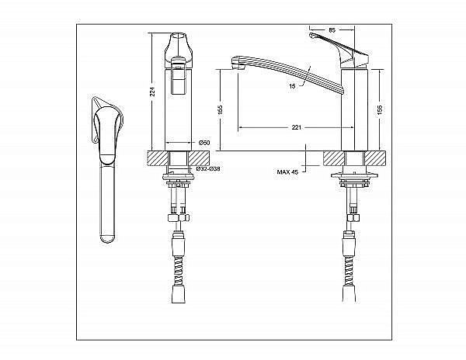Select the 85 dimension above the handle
click(x=332, y=29)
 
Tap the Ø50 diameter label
click(x=203, y=142)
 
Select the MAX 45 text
click(x=287, y=171)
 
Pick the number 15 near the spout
click(x=291, y=87)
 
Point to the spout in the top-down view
click(x=106, y=202)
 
